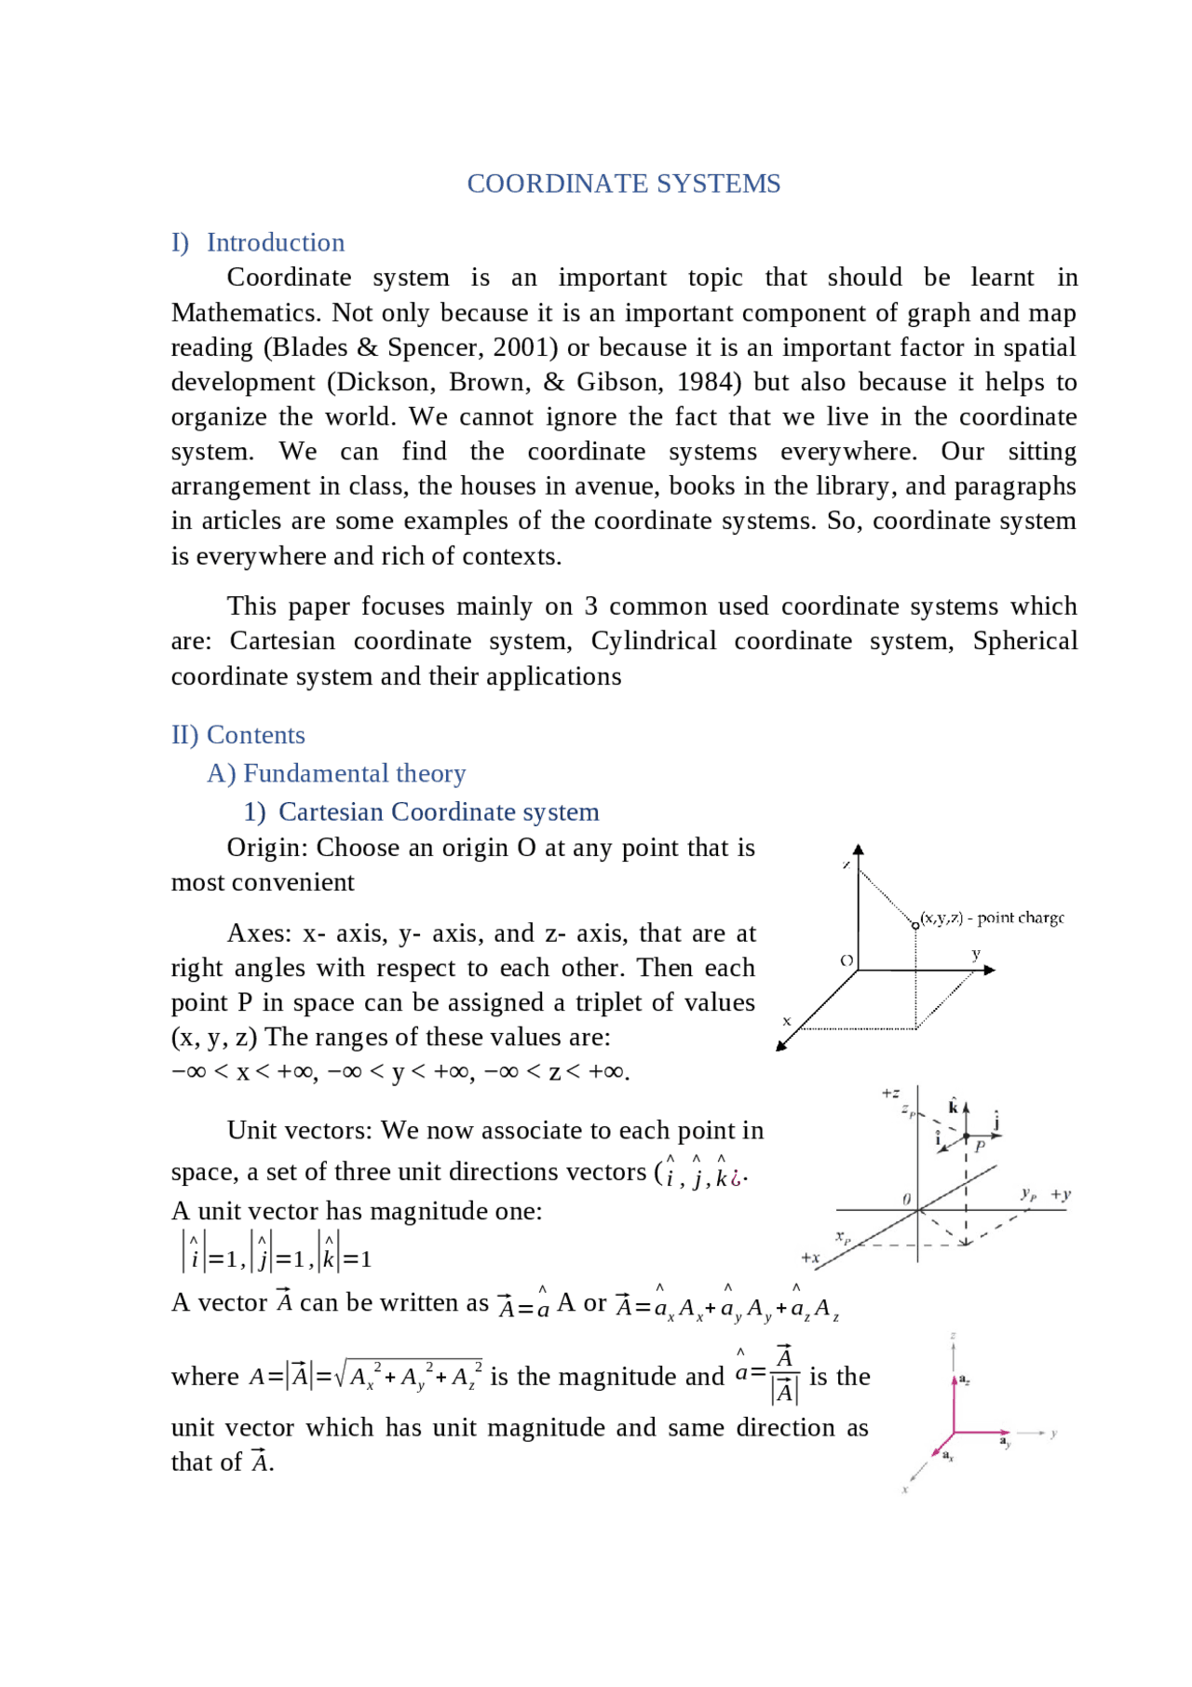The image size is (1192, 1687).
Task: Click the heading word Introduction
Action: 276,242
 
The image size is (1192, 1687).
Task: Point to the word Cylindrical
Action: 654,641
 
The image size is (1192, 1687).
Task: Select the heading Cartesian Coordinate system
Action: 439,811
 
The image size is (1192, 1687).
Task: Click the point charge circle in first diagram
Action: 915,925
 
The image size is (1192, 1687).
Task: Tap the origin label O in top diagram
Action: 847,959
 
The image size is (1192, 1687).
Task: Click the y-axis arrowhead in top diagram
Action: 990,970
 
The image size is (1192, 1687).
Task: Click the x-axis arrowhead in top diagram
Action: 782,1046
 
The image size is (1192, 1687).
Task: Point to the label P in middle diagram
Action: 980,1147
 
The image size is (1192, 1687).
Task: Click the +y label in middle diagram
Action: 1061,1194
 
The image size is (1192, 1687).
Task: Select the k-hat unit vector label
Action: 953,1107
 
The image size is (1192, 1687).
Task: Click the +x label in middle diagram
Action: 810,1258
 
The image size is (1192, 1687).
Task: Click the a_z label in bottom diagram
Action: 965,1380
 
